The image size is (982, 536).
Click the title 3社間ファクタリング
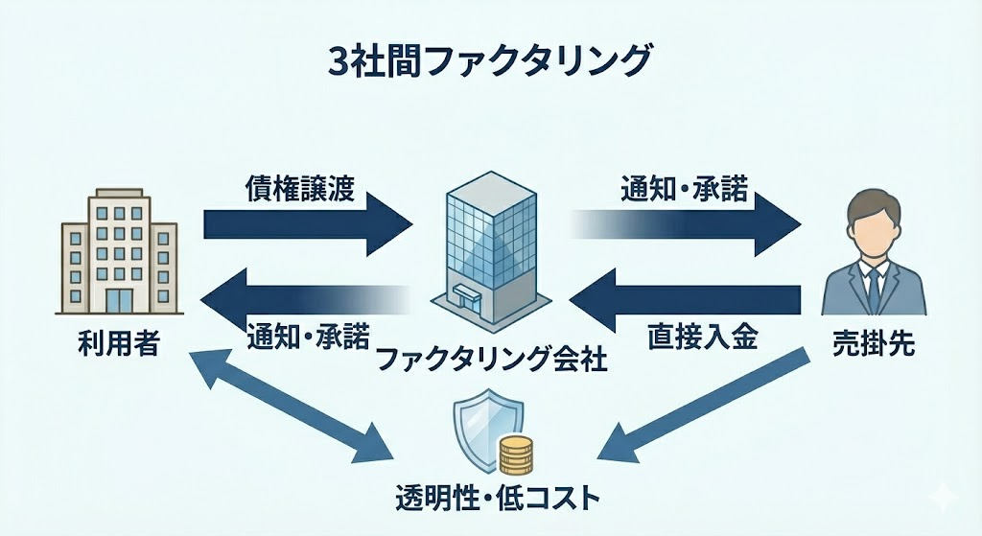tap(490, 60)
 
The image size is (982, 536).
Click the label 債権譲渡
tap(299, 187)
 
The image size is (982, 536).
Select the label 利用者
tap(119, 345)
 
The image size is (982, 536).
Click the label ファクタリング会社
tap(491, 361)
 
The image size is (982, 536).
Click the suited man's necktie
tap(874, 283)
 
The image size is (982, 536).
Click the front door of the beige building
tap(120, 299)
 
